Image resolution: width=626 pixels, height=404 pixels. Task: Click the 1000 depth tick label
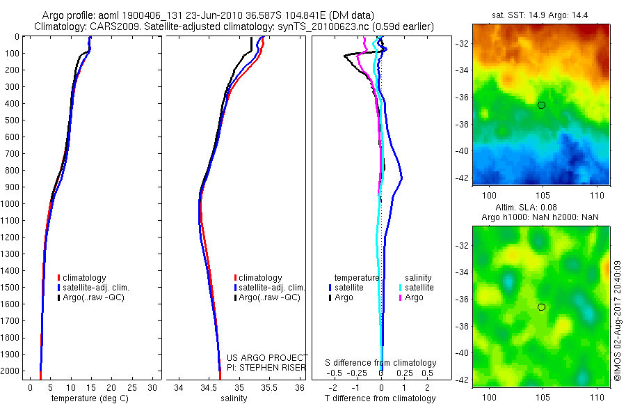click(x=10, y=203)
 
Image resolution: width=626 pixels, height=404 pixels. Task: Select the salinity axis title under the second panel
click(x=235, y=398)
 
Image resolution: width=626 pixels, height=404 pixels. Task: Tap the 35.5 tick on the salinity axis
click(x=269, y=387)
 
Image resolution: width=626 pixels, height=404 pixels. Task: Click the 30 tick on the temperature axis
click(x=152, y=387)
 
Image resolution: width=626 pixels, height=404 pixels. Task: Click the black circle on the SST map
click(x=541, y=105)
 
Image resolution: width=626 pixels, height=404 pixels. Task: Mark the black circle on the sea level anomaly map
click(x=541, y=307)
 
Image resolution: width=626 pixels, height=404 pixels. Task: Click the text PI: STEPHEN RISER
click(x=266, y=367)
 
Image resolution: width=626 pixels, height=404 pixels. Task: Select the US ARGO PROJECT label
click(x=267, y=357)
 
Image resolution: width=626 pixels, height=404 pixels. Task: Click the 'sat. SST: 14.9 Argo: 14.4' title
click(x=540, y=15)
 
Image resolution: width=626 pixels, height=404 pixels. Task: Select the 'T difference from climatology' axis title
click(x=381, y=398)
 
